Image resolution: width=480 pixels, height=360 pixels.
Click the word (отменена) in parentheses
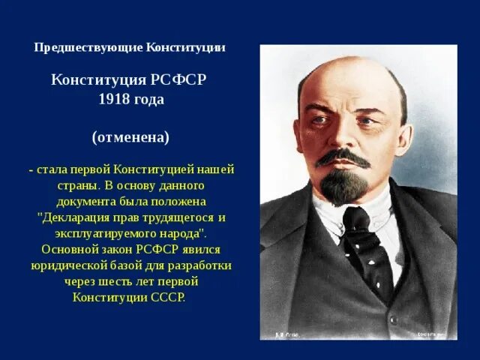pyautogui.click(x=130, y=138)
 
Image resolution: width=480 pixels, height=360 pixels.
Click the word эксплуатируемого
pyautogui.click(x=97, y=232)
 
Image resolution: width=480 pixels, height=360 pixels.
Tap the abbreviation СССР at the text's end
pyautogui.click(x=167, y=296)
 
